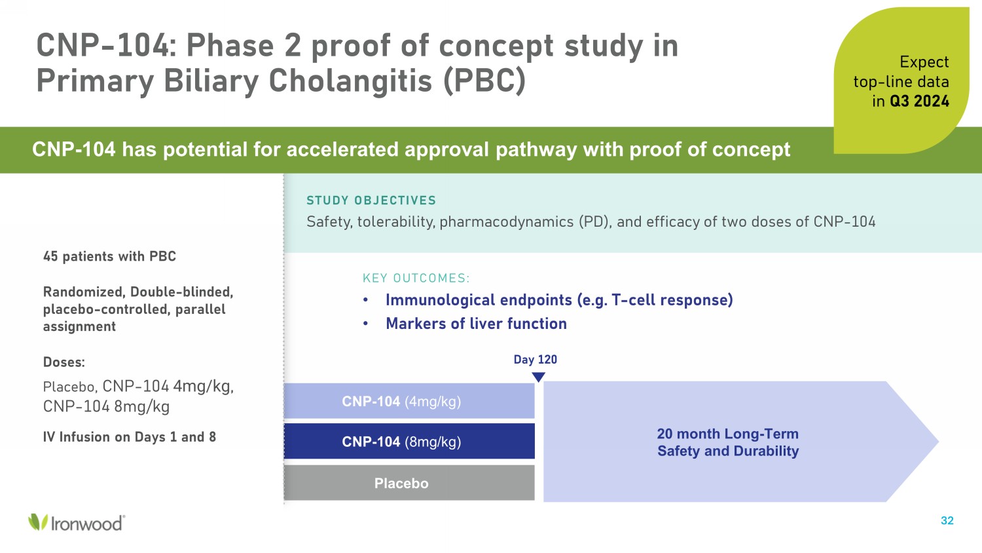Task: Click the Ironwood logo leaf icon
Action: pyautogui.click(x=38, y=522)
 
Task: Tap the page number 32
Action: pyautogui.click(x=947, y=520)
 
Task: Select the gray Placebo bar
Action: pyautogui.click(x=409, y=483)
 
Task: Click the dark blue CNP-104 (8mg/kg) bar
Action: pyautogui.click(x=409, y=441)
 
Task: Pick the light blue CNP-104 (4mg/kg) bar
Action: pyautogui.click(x=409, y=401)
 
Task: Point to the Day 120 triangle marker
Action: pyautogui.click(x=538, y=377)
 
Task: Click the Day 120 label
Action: pyautogui.click(x=536, y=360)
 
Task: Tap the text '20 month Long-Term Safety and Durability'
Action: pyautogui.click(x=728, y=442)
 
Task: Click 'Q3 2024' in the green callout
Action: pyautogui.click(x=919, y=102)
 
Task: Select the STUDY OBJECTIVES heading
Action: pyautogui.click(x=371, y=200)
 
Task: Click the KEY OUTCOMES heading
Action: pyautogui.click(x=416, y=278)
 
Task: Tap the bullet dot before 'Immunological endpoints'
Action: pyautogui.click(x=365, y=300)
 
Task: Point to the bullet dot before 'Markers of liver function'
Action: pyautogui.click(x=365, y=324)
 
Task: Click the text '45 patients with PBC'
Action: pyautogui.click(x=109, y=256)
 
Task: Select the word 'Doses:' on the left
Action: pyautogui.click(x=64, y=362)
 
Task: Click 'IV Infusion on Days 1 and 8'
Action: pyautogui.click(x=130, y=436)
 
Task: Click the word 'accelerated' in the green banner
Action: pyautogui.click(x=343, y=149)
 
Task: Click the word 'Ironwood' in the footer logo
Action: pyautogui.click(x=87, y=524)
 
